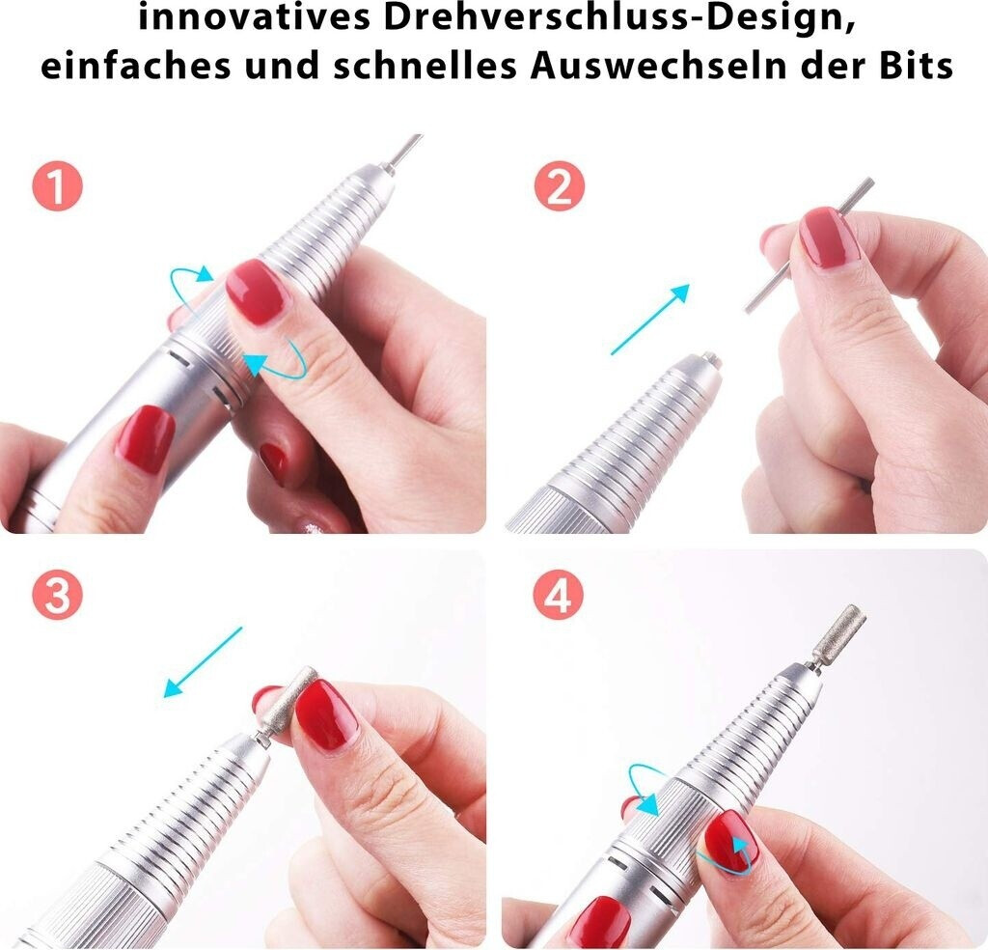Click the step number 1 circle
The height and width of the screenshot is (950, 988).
[x=57, y=186]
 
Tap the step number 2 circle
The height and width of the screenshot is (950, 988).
[x=560, y=186]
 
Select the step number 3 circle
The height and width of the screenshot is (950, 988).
[x=57, y=595]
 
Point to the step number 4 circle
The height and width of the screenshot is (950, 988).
[x=559, y=595]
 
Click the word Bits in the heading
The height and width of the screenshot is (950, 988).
[x=916, y=65]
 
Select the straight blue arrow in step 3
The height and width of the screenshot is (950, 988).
[x=203, y=662]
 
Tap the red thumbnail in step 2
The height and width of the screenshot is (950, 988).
[x=829, y=237]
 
